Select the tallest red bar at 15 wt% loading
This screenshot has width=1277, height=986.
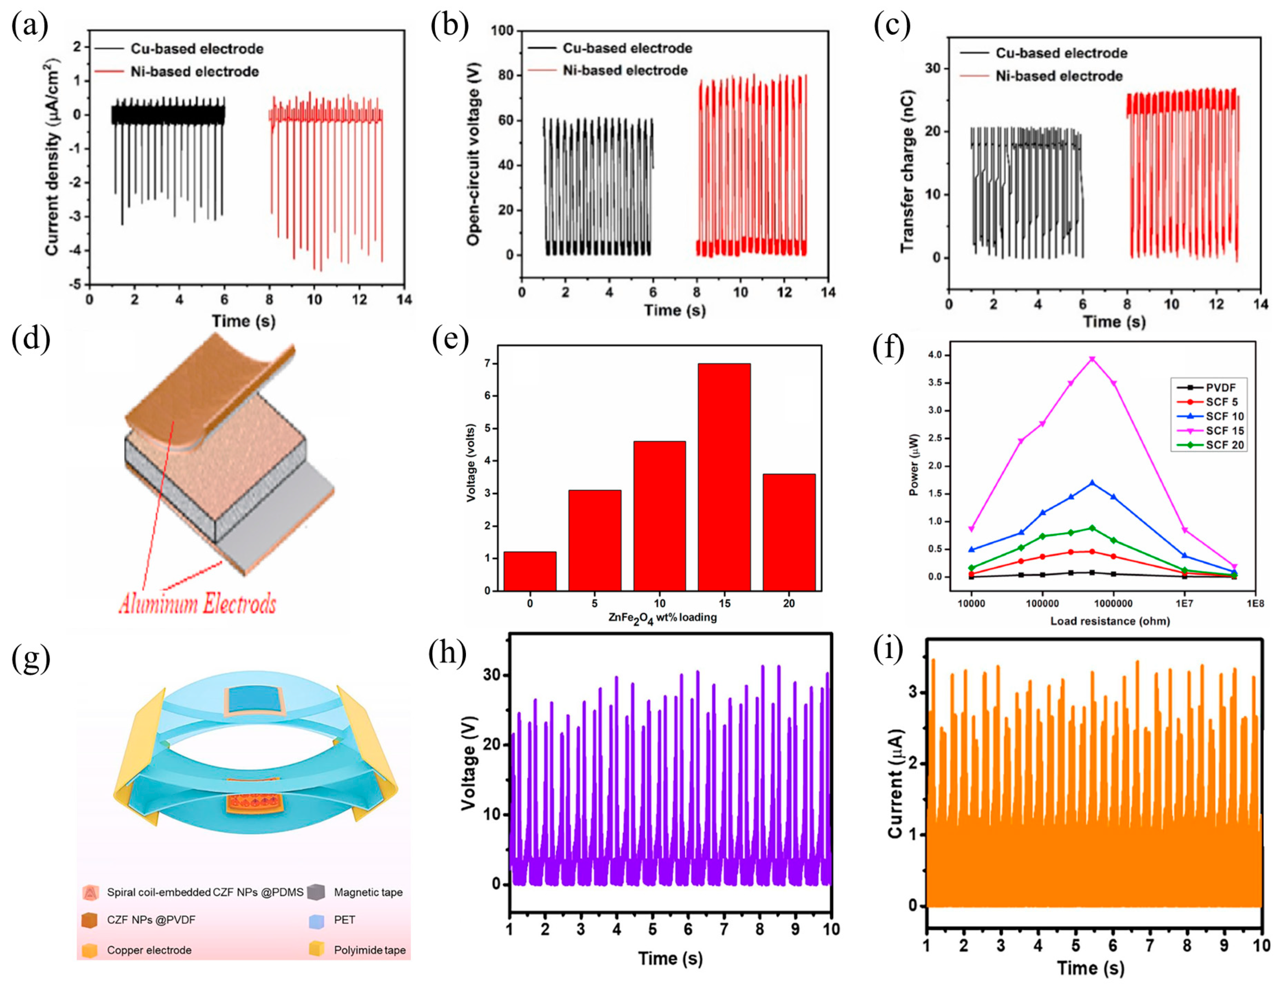724,476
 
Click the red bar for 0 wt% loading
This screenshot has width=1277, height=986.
530,571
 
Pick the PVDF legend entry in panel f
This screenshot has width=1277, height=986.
1220,387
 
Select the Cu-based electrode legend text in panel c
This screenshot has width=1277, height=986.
1061,53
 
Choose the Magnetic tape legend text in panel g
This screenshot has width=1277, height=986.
368,892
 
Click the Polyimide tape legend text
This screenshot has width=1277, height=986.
370,950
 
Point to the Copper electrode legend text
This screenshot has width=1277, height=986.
149,950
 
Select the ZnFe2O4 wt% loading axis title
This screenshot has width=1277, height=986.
662,618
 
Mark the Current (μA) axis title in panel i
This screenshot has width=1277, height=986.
896,783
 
